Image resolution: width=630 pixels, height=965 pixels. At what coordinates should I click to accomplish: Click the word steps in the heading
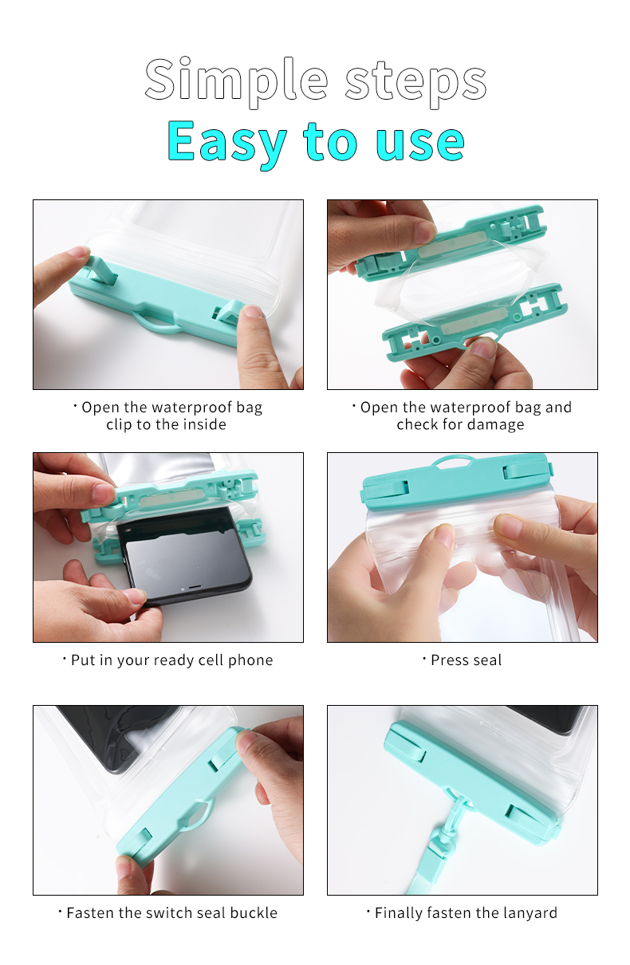pyautogui.click(x=415, y=84)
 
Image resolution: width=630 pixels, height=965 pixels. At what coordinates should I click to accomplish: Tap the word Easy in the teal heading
pyautogui.click(x=226, y=142)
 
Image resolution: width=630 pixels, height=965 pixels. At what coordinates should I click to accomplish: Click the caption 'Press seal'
pyautogui.click(x=467, y=660)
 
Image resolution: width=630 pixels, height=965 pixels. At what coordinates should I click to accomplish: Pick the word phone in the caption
pyautogui.click(x=250, y=660)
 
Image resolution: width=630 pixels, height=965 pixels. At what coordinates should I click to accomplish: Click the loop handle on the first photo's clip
pyautogui.click(x=157, y=323)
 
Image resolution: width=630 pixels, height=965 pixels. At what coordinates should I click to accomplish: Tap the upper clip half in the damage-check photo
pyautogui.click(x=451, y=243)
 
